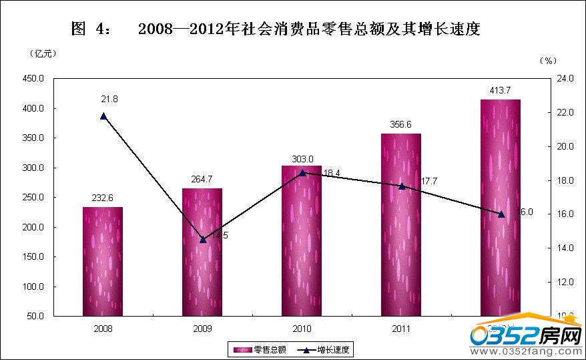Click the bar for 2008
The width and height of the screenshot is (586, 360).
coord(103,261)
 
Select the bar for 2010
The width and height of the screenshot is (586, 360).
coord(302,240)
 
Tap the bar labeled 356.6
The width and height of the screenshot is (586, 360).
coord(400,224)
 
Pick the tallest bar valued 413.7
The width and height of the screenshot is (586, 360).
coord(500,207)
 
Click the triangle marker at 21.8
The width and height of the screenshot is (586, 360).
coord(103,116)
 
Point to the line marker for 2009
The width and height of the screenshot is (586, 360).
coord(203,239)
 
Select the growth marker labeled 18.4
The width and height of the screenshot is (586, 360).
coord(302,173)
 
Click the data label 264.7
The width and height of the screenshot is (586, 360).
coord(202,179)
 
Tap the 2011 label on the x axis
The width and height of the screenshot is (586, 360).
coord(401,329)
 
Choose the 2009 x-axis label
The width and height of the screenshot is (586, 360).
coord(202,329)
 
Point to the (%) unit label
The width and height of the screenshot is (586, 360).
coord(547,60)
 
